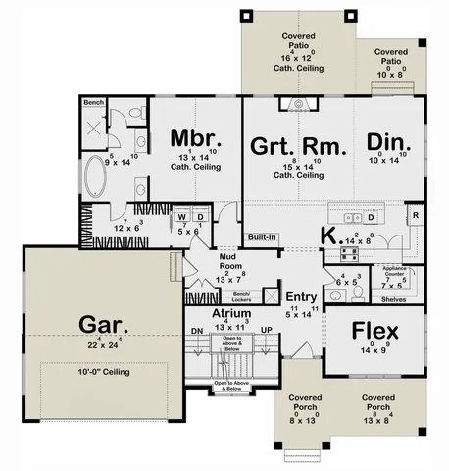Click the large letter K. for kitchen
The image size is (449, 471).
(331, 235)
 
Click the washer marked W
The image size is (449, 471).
(181, 216)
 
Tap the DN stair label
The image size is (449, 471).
(196, 331)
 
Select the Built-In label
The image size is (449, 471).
(261, 237)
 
